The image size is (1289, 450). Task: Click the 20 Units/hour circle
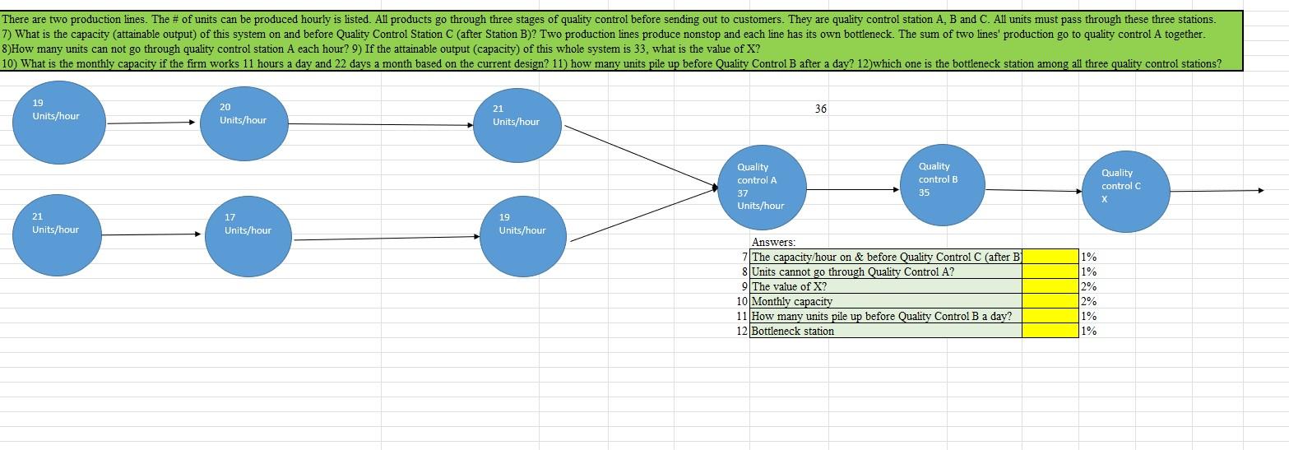[244, 124]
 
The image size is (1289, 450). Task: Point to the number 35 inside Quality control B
[925, 193]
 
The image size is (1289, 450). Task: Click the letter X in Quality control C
[1105, 199]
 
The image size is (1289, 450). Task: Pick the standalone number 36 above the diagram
[821, 109]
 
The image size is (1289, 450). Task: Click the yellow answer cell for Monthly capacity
[1050, 302]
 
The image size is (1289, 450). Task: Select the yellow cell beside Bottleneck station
[1050, 332]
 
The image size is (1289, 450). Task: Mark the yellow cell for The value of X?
[1050, 287]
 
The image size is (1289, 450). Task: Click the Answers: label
[774, 243]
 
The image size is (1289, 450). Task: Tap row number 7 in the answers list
[744, 257]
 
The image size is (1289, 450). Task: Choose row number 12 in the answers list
[742, 332]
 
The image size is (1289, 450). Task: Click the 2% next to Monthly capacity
[1089, 302]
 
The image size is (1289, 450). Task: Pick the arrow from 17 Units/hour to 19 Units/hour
[387, 238]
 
